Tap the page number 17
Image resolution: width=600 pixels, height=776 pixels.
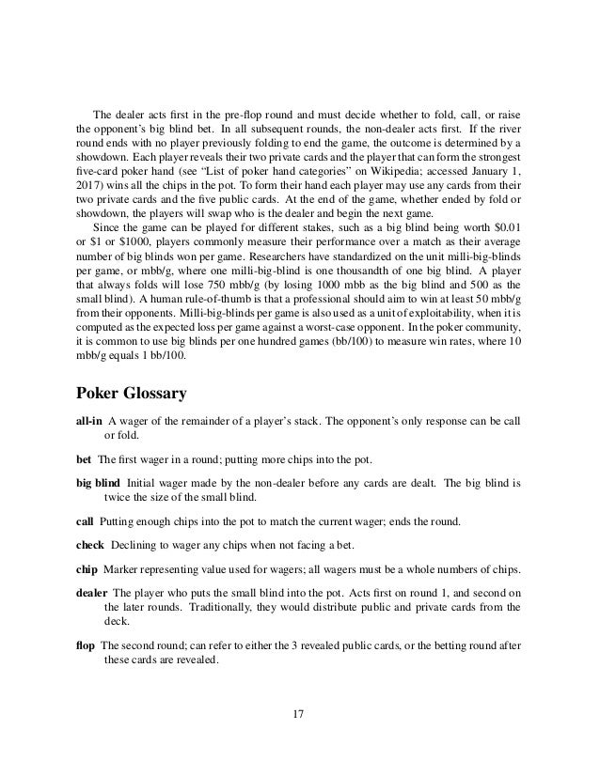298,718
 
